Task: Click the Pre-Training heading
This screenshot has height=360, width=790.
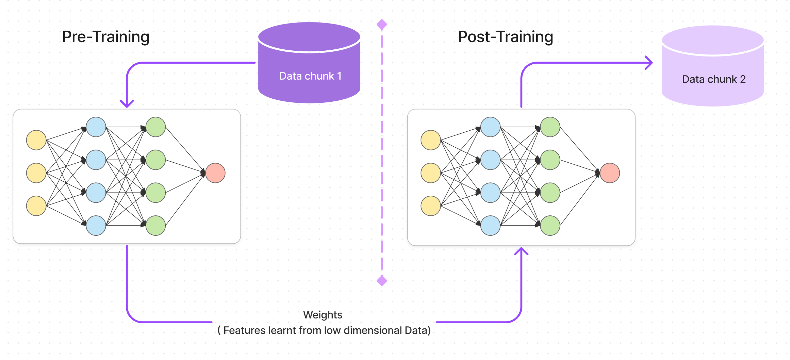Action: coord(106,37)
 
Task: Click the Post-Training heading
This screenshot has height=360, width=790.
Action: coord(506,37)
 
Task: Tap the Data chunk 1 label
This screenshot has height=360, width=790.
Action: coord(310,76)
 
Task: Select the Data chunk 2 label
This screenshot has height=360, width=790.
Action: coord(714,79)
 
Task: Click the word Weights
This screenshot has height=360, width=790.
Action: coord(323,315)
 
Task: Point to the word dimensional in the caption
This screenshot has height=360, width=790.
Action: coord(373,330)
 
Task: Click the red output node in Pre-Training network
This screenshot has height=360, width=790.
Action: coord(215,173)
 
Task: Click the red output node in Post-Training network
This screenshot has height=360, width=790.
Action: coord(610,173)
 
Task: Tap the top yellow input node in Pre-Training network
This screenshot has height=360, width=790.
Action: coord(36,140)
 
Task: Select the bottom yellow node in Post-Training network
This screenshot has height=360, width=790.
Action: coord(431,206)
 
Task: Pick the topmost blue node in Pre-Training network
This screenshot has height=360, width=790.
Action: coord(96,127)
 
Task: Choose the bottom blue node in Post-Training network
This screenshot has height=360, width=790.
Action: coord(490,226)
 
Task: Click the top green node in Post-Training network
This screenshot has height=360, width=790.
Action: coord(550,127)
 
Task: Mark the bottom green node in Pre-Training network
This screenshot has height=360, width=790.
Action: coord(155,226)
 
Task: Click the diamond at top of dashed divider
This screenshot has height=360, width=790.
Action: coord(382,24)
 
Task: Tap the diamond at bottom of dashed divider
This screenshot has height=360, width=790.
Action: coord(382,281)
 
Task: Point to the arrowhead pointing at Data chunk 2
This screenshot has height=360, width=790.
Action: coord(649,63)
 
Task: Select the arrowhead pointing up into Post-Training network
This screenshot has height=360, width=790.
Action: coord(521,251)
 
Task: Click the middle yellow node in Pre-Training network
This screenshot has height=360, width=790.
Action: coord(36,173)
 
